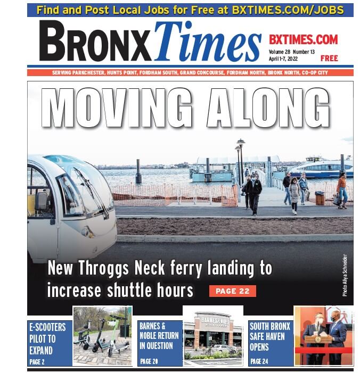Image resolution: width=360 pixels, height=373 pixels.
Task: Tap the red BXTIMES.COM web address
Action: click(x=303, y=39)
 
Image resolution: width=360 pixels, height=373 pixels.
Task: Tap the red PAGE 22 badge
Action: click(x=232, y=291)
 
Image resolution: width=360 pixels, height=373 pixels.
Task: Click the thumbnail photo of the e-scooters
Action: click(x=102, y=336)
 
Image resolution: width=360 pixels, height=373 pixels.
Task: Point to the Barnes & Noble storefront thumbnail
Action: click(x=213, y=336)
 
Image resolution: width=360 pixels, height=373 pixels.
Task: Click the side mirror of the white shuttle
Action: click(x=42, y=201)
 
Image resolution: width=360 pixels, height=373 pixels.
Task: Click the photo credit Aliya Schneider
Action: click(x=345, y=275)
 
